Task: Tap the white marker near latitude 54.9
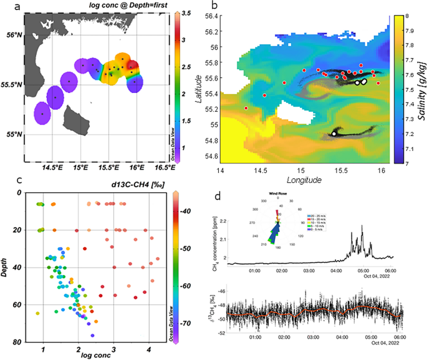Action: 335,133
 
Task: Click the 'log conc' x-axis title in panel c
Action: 95,356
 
